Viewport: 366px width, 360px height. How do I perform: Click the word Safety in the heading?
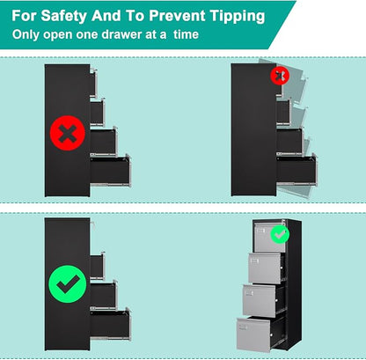click(x=63, y=16)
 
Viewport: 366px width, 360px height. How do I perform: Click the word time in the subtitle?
click(x=186, y=34)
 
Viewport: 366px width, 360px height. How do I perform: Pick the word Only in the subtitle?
click(x=26, y=35)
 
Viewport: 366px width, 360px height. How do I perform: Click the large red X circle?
click(x=68, y=133)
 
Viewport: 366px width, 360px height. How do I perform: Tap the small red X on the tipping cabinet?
click(x=280, y=76)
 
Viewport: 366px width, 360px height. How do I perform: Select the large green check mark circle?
click(x=68, y=284)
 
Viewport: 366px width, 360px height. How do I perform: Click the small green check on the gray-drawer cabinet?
click(x=280, y=234)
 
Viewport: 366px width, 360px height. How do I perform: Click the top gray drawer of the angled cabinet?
click(x=270, y=237)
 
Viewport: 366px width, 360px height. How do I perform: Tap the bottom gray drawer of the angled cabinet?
click(x=253, y=334)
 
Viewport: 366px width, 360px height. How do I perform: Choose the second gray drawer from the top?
click(x=265, y=268)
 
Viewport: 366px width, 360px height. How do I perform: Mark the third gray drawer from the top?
click(x=260, y=300)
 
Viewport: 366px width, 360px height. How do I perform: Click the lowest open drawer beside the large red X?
click(x=110, y=170)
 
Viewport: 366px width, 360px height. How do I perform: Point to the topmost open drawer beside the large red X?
click(x=93, y=83)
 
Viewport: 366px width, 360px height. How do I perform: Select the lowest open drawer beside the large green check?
click(x=110, y=324)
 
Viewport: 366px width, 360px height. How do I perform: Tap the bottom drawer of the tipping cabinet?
click(x=296, y=170)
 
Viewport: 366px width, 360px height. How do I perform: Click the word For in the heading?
click(x=24, y=16)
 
